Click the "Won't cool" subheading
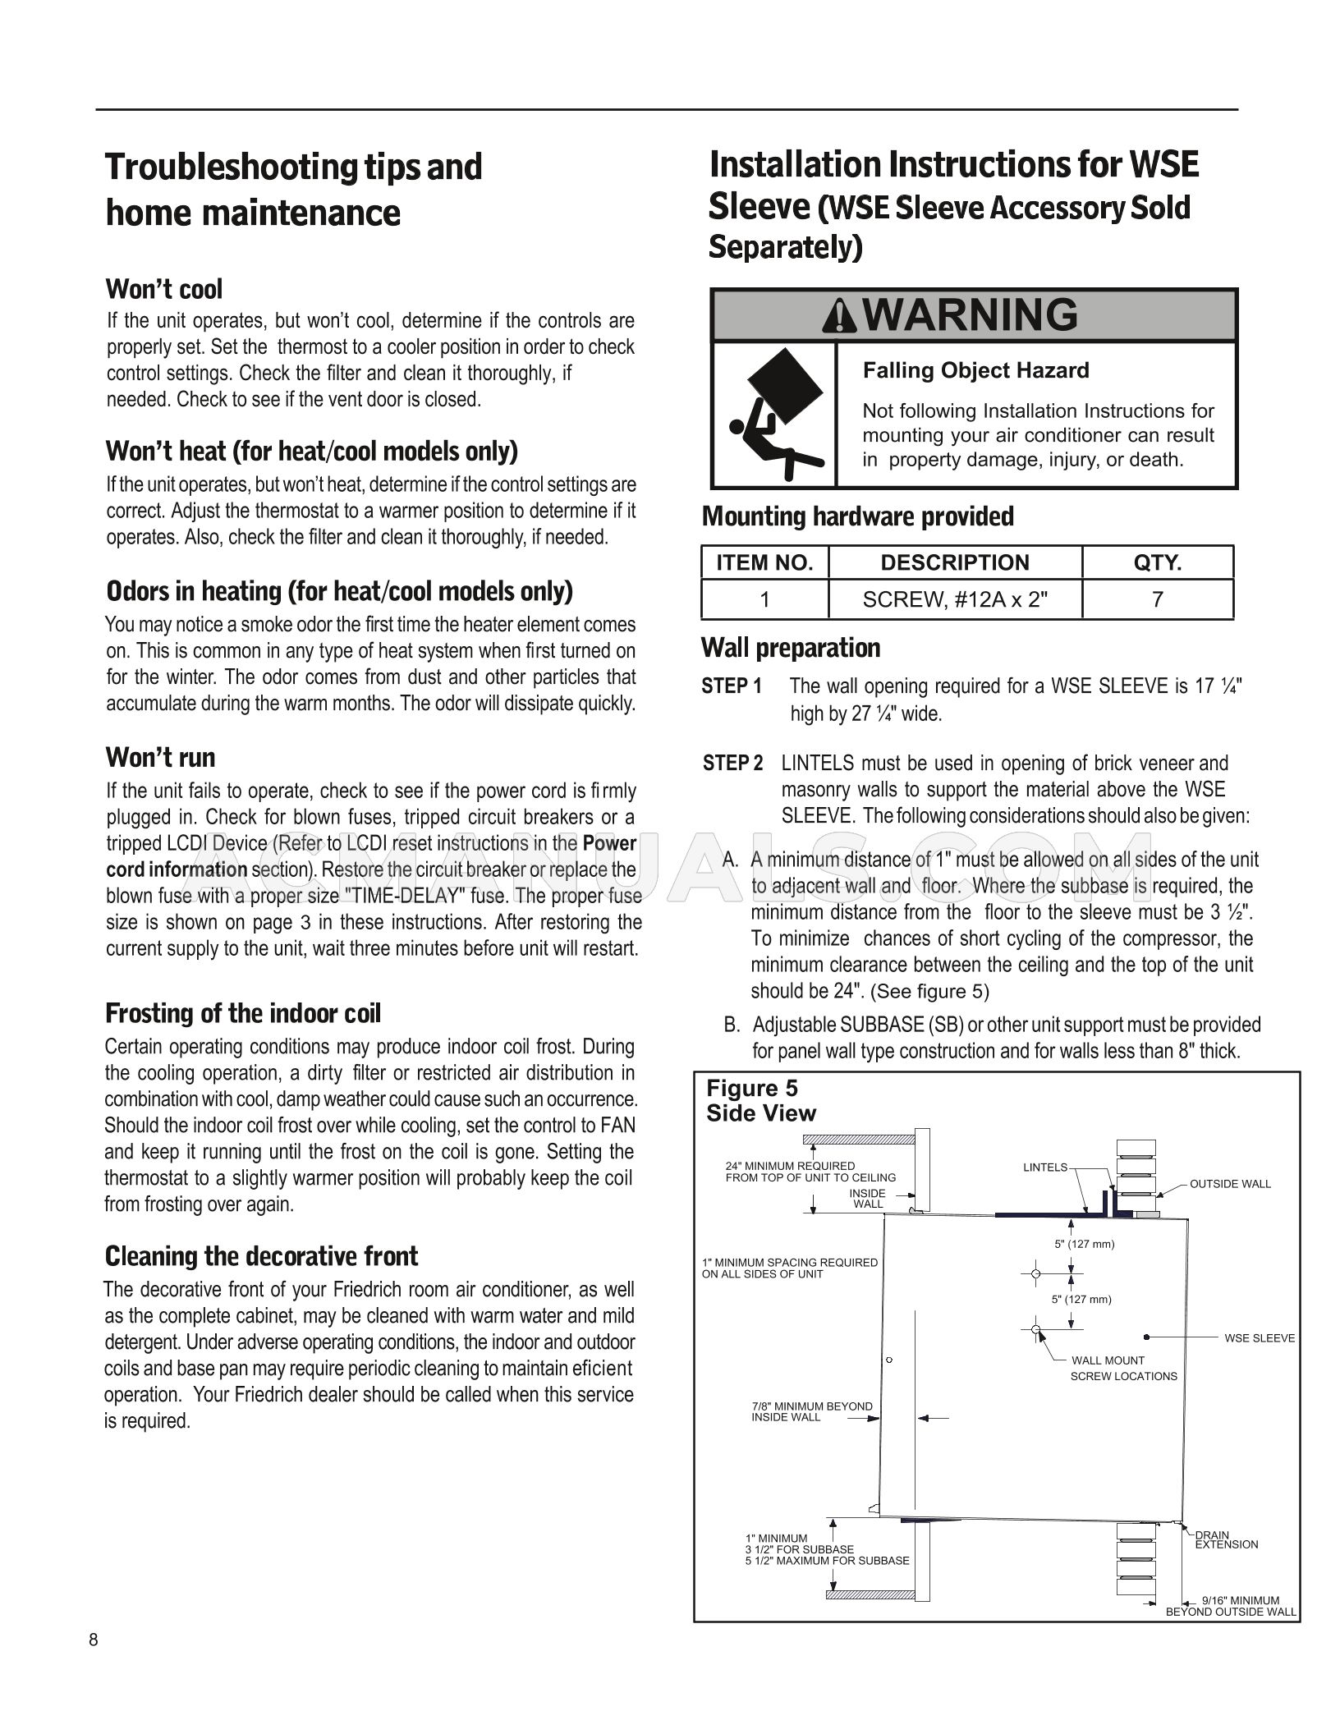click(164, 290)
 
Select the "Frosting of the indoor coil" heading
click(243, 1014)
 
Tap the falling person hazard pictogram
click(774, 415)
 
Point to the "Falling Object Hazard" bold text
click(975, 370)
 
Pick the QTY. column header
click(1157, 562)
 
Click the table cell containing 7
click(1157, 599)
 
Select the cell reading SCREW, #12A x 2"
click(955, 599)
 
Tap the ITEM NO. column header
click(764, 562)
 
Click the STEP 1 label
click(732, 686)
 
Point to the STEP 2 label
click(732, 764)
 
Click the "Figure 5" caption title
click(751, 1089)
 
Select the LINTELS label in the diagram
click(1045, 1167)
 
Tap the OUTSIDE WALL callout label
click(1230, 1183)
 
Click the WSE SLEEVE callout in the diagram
click(1259, 1337)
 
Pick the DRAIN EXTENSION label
click(1226, 1539)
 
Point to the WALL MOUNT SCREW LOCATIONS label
click(1122, 1368)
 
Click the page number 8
click(94, 1640)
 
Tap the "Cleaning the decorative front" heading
click(261, 1256)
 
